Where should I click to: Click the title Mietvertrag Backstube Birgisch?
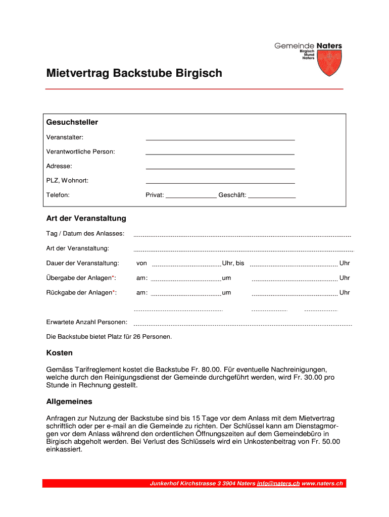tap(134, 74)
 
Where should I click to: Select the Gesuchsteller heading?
tap(72, 122)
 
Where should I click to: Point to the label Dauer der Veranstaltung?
tap(83, 263)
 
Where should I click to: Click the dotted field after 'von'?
tap(186, 265)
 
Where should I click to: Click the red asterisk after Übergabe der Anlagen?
tap(113, 277)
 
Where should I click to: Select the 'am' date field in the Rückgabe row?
tap(186, 294)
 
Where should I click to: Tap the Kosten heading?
tap(60, 353)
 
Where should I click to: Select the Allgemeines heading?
tap(69, 402)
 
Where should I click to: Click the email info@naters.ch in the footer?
tap(278, 484)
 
